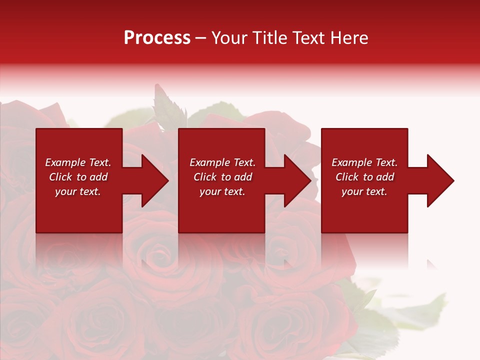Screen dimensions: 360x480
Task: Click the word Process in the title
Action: point(157,38)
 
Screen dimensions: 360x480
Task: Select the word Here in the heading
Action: point(348,38)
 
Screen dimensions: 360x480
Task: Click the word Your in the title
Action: point(229,38)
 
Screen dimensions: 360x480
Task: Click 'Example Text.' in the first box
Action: point(78,162)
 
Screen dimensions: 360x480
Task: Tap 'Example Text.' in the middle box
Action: point(222,162)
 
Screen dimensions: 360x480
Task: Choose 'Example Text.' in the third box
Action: point(364,162)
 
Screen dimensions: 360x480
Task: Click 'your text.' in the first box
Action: point(77,191)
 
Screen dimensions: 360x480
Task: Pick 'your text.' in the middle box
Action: point(222,191)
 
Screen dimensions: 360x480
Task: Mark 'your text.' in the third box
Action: point(364,191)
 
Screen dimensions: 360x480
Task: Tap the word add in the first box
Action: point(98,177)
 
